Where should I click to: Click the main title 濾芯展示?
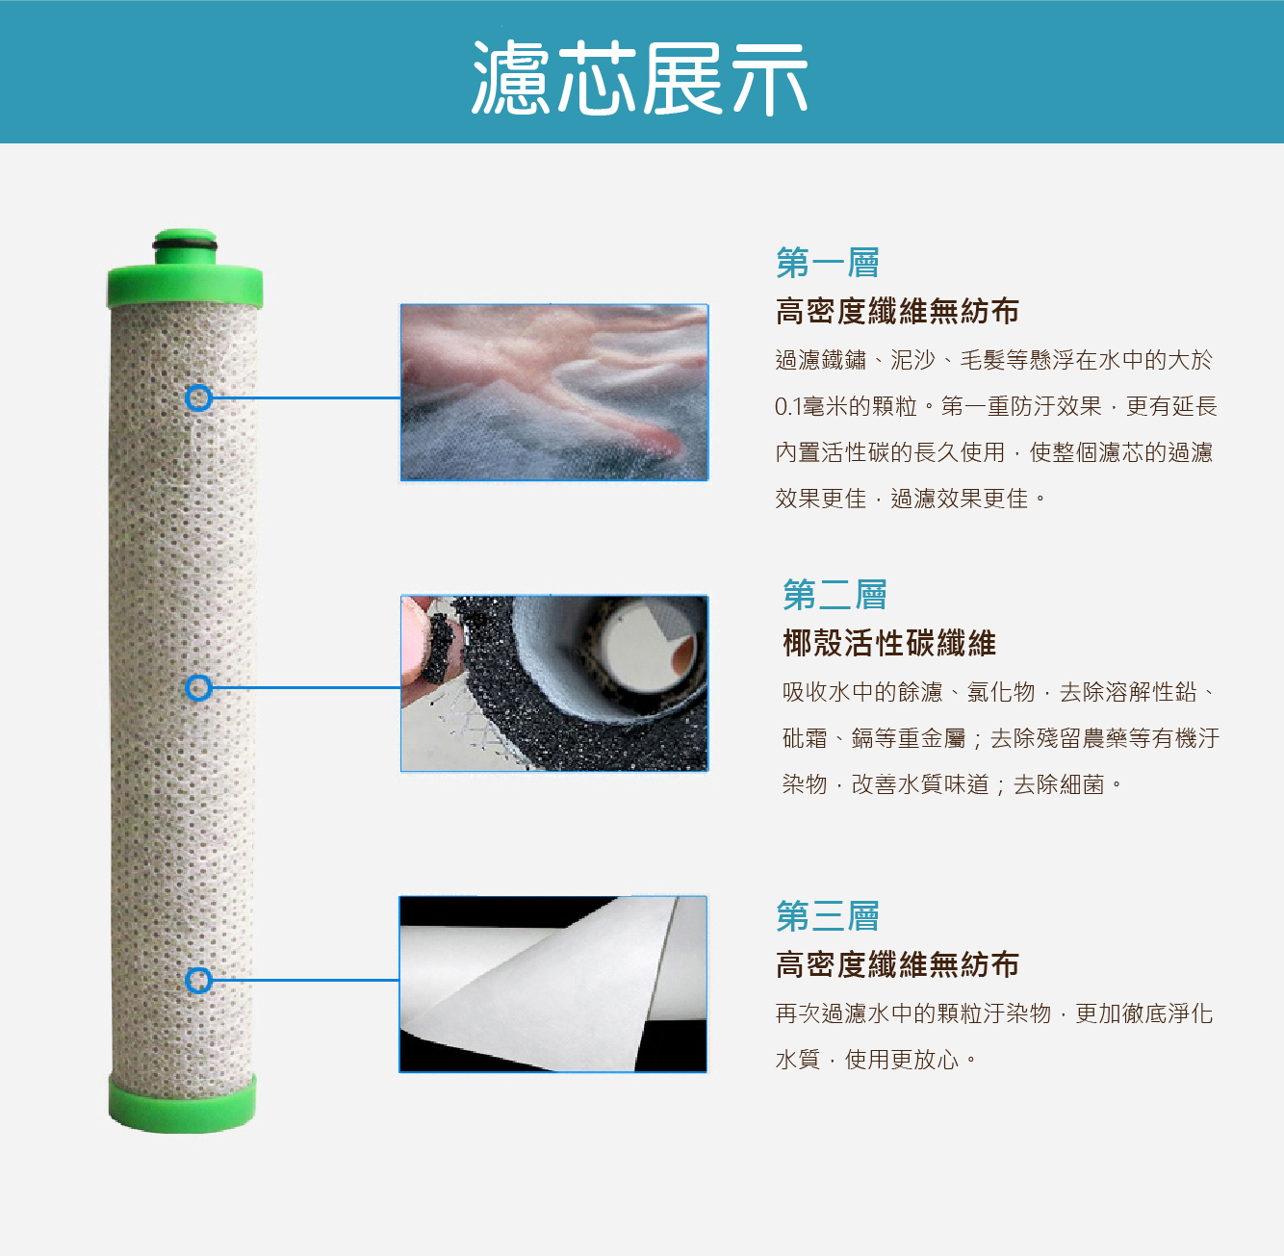[639, 78]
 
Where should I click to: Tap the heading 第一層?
[828, 263]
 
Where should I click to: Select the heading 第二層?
[835, 595]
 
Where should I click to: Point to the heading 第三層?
[828, 915]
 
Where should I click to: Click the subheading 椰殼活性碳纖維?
[889, 643]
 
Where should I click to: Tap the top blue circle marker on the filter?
[198, 397]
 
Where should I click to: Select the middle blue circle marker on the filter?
[198, 687]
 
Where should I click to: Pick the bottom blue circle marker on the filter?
[198, 981]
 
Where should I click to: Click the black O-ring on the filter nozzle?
[185, 245]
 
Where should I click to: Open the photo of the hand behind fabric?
[554, 393]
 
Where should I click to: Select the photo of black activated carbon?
[554, 683]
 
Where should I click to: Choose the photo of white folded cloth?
[552, 985]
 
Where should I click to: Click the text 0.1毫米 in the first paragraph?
[810, 406]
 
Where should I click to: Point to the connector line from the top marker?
[307, 397]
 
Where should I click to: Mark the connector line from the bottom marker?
[306, 981]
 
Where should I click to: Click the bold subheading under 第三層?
[897, 964]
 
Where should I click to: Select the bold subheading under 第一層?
[897, 312]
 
